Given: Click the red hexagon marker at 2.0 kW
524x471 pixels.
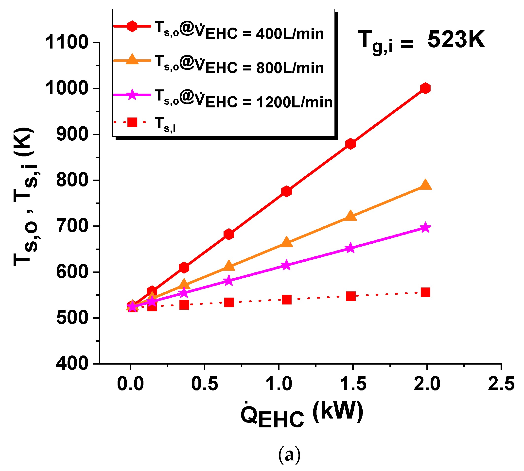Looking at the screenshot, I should point(425,88).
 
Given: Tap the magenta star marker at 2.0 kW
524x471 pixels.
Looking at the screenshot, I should point(425,228).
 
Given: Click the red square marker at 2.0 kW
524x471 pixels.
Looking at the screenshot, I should point(425,292).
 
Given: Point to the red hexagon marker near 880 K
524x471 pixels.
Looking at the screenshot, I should point(350,144).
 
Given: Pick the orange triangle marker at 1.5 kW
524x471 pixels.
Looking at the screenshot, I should point(350,216).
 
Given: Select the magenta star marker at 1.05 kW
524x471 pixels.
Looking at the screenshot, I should point(286,265).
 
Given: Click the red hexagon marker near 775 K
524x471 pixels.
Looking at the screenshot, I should point(286,191).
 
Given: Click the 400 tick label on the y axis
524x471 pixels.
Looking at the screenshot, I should point(72,364).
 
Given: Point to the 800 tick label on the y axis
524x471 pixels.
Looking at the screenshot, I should point(72,180).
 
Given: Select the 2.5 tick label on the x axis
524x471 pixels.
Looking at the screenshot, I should point(501,384).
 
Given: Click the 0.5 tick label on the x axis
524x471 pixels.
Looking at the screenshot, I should point(205,384).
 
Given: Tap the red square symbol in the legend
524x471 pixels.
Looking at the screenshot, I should point(132,122).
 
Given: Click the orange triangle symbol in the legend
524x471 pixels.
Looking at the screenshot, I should point(132,60).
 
